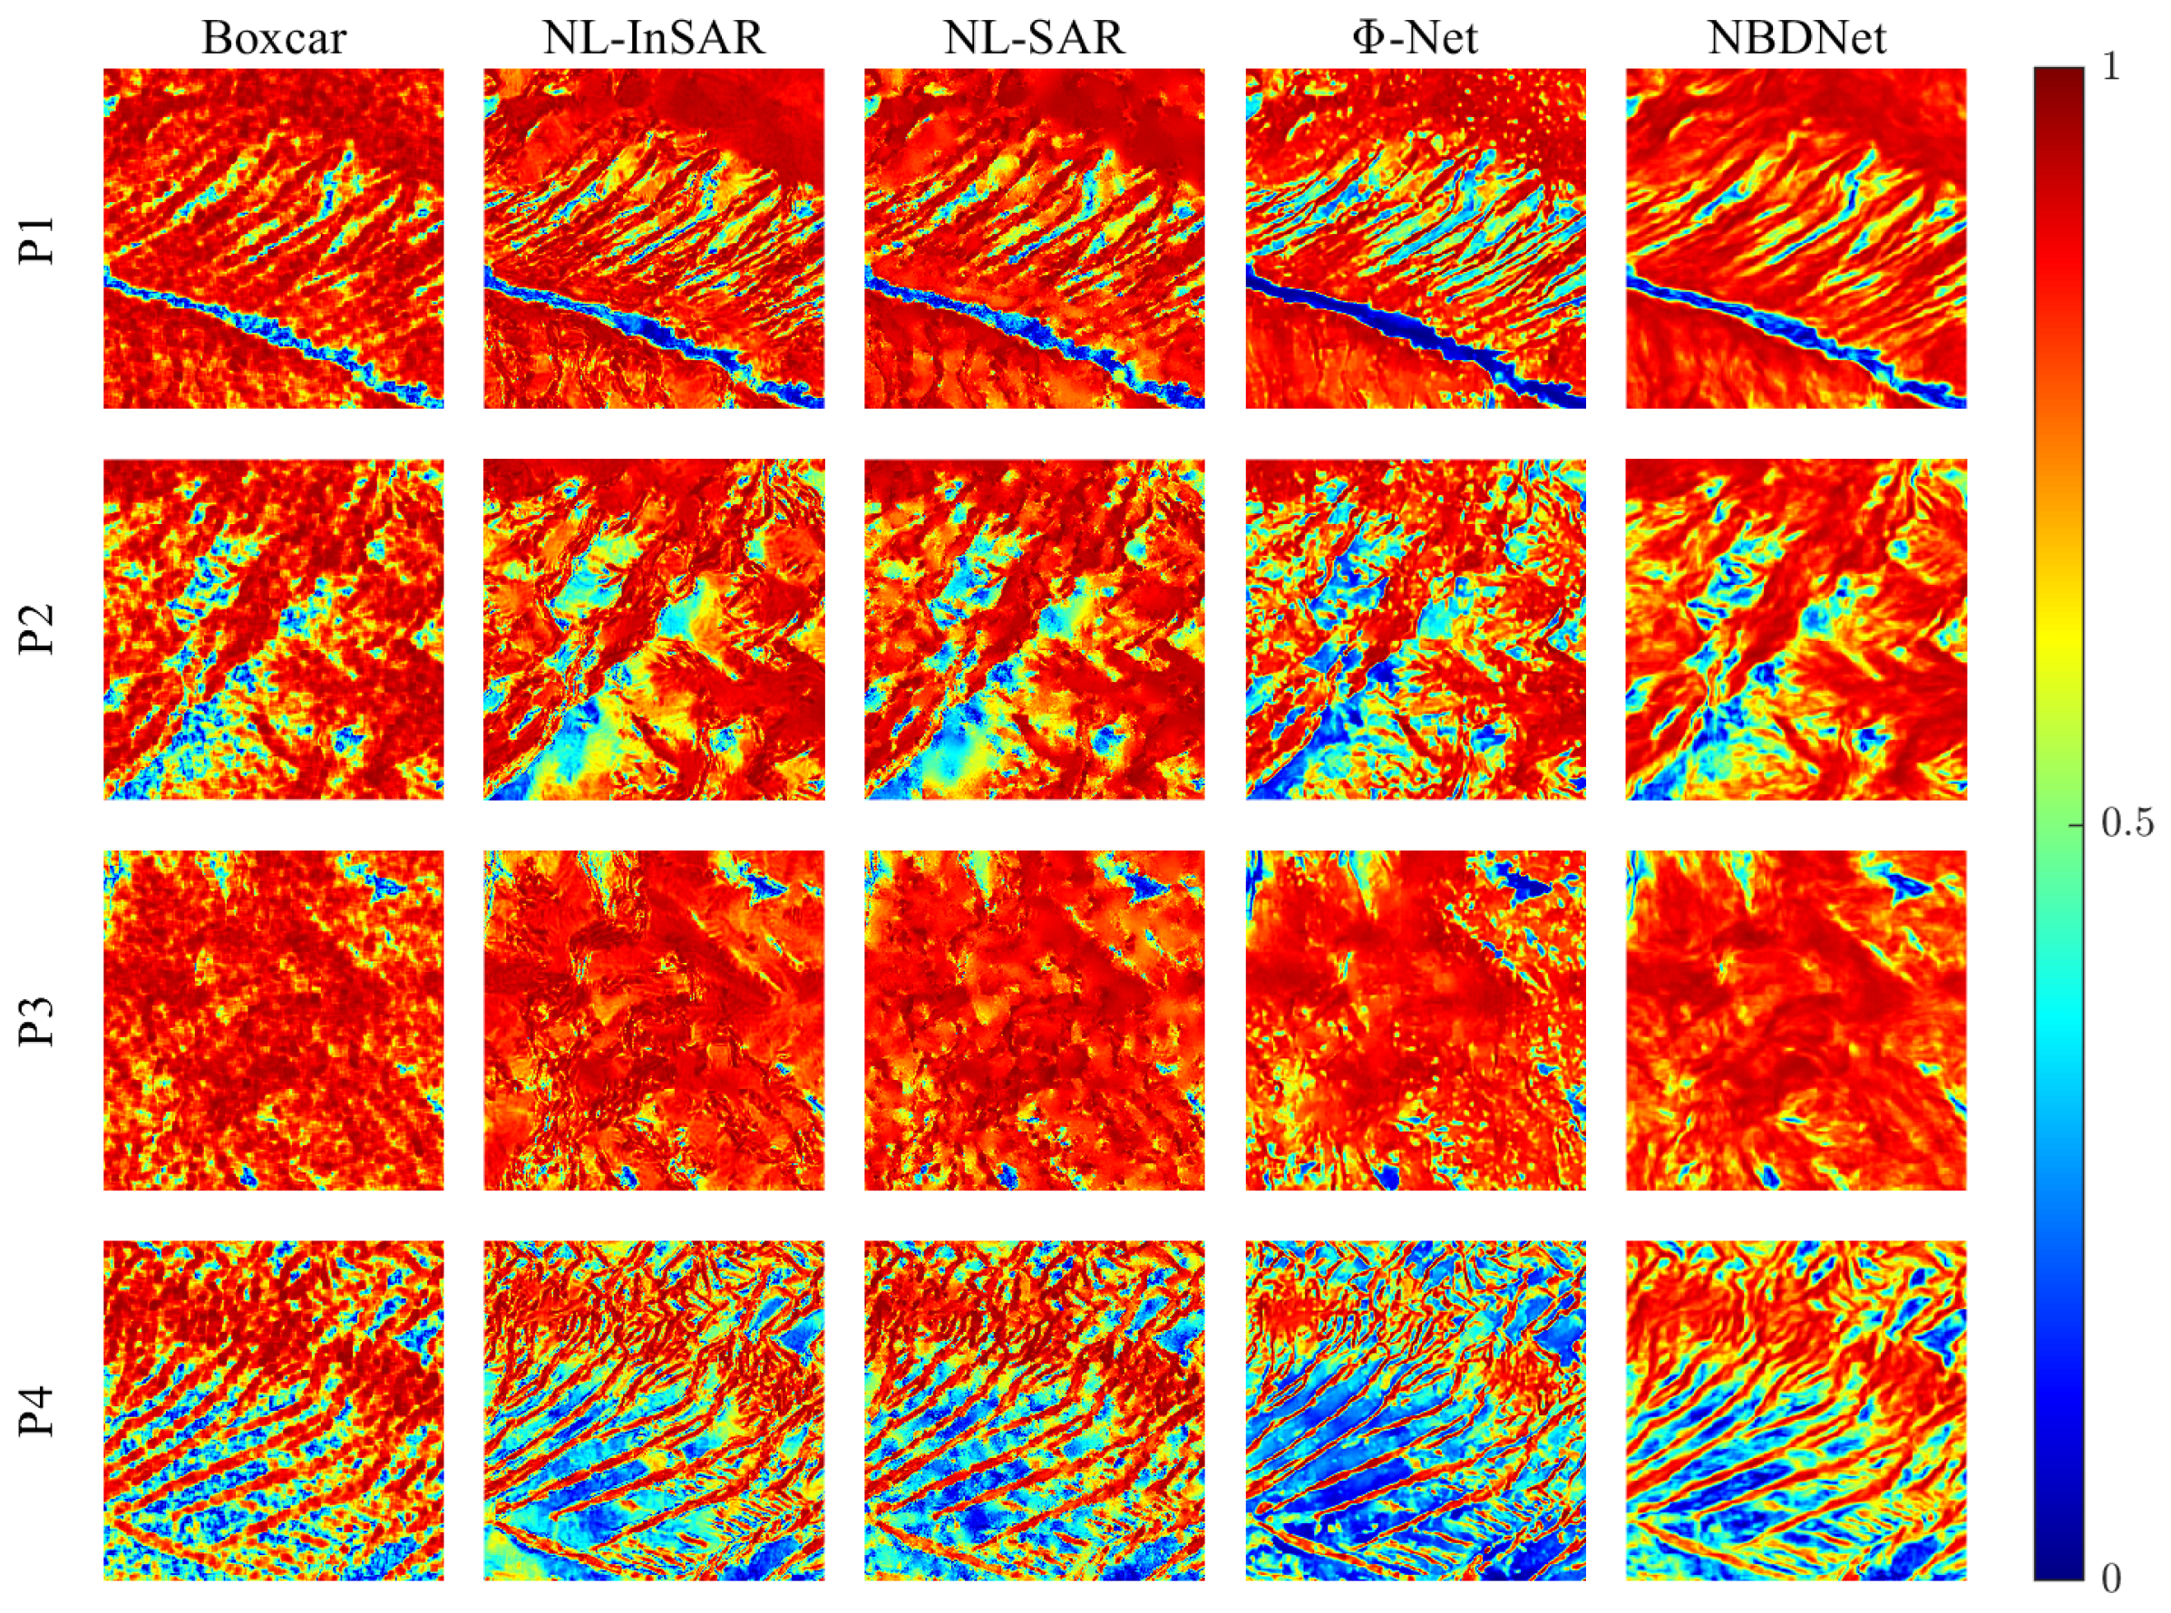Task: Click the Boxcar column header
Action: tap(274, 38)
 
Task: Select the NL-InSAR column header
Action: tap(653, 38)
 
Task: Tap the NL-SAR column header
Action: tap(1034, 38)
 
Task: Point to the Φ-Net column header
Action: tap(1415, 38)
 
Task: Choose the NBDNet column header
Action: tap(1796, 38)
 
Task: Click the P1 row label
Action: tap(39, 239)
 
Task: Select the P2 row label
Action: tap(39, 630)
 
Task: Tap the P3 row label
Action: tap(39, 1020)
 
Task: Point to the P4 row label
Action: tap(39, 1411)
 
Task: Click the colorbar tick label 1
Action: tap(2110, 66)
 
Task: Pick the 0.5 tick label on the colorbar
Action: tap(2126, 824)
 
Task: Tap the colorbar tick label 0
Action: tap(2110, 1577)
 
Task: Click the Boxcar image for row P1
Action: tap(274, 238)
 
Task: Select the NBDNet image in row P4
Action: tap(1796, 1410)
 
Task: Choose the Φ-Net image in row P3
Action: tap(1415, 1019)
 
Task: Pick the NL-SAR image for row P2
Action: tap(1034, 629)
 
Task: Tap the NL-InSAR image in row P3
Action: tap(653, 1019)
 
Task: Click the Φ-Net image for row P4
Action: tap(1415, 1410)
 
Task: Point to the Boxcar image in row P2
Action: tap(274, 629)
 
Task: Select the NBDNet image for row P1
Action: tap(1796, 238)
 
